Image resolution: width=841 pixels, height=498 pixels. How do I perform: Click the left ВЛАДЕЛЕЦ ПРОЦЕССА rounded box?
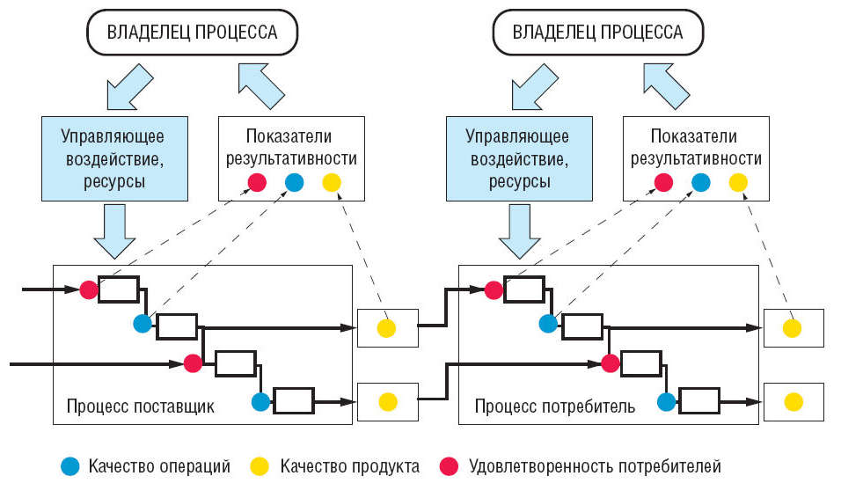pyautogui.click(x=192, y=33)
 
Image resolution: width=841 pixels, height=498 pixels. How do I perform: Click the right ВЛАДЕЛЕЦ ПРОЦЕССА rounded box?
pyautogui.click(x=597, y=33)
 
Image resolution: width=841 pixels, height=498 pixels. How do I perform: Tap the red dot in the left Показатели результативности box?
pyautogui.click(x=256, y=183)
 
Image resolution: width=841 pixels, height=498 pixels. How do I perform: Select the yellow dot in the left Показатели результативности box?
pyautogui.click(x=331, y=183)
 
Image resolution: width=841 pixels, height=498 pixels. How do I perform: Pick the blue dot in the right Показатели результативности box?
pyautogui.click(x=700, y=183)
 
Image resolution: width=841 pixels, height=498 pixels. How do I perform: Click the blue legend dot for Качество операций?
pyautogui.click(x=70, y=466)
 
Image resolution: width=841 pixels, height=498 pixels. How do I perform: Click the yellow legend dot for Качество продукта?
pyautogui.click(x=261, y=466)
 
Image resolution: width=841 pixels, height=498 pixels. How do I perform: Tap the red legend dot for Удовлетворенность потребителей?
pyautogui.click(x=450, y=466)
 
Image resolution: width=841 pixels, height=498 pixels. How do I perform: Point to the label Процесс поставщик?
pyautogui.click(x=140, y=407)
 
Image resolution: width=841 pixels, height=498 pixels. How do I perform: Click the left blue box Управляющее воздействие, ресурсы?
pyautogui.click(x=114, y=159)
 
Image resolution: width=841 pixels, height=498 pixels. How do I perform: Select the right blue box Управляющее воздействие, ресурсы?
pyautogui.click(x=517, y=159)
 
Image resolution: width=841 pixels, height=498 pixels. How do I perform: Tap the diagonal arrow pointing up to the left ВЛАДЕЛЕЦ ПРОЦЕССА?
pyautogui.click(x=261, y=84)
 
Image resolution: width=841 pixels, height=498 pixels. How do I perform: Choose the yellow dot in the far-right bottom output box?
pyautogui.click(x=793, y=401)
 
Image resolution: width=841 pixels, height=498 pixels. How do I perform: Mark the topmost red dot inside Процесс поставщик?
pyautogui.click(x=88, y=289)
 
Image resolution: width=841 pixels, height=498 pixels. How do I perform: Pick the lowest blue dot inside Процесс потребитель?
pyautogui.click(x=666, y=402)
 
